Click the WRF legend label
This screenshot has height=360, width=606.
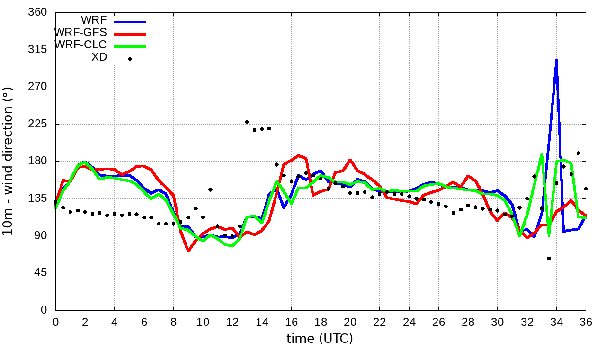[94, 20]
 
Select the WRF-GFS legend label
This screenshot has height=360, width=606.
[80, 33]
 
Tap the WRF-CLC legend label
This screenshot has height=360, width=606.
[80, 45]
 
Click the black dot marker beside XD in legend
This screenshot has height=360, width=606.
[130, 59]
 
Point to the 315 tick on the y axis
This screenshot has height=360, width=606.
[38, 50]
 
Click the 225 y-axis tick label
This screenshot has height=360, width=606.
[38, 124]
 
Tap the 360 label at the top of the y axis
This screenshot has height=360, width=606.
[38, 12]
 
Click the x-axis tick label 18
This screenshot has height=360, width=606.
[321, 322]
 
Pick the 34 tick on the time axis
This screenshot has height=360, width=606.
[556, 322]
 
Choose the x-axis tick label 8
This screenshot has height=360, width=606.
[173, 322]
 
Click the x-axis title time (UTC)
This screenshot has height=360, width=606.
[320, 339]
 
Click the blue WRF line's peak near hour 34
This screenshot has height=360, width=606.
[556, 60]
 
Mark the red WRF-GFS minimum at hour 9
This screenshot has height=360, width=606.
[188, 251]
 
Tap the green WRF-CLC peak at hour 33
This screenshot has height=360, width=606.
[542, 154]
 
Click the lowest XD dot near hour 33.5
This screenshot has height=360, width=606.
[549, 258]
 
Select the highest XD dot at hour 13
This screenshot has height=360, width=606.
[247, 122]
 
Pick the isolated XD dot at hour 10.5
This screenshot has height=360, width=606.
[210, 189]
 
